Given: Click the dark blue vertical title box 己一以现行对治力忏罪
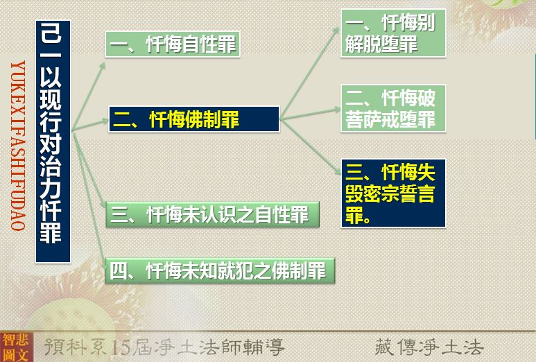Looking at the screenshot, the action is [x=53, y=141].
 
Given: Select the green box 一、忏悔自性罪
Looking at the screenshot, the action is [x=173, y=44].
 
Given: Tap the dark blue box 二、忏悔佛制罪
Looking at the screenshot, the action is [x=194, y=119].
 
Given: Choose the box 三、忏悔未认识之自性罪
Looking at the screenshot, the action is [x=212, y=215].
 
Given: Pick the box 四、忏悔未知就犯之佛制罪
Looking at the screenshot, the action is [x=220, y=270].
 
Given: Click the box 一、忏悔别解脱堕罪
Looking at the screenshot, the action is [x=393, y=33].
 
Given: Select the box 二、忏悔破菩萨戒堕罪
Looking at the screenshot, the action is [x=393, y=108].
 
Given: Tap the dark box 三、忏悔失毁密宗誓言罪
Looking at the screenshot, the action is [x=393, y=193].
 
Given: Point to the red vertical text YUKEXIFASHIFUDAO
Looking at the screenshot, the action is [x=18, y=146].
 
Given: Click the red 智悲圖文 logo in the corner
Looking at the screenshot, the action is [x=16, y=347].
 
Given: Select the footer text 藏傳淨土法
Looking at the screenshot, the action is [x=429, y=347].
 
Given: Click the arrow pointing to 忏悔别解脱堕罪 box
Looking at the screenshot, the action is [x=309, y=73].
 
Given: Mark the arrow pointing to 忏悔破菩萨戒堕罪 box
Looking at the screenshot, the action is [x=310, y=114].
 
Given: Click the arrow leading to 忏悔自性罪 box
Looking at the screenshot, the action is [x=88, y=96].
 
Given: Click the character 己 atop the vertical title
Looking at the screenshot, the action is [x=51, y=33].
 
